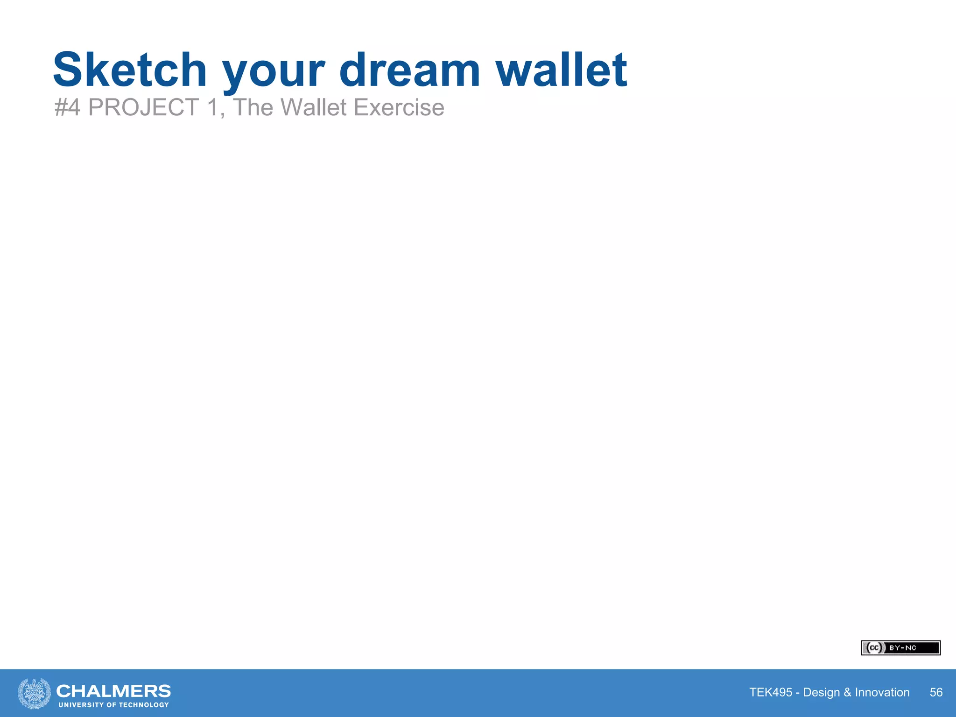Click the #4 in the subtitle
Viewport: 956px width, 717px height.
(x=68, y=107)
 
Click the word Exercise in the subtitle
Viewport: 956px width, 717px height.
(x=399, y=107)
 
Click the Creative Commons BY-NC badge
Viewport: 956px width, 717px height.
(x=900, y=648)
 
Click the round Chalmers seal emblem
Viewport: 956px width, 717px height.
(x=34, y=693)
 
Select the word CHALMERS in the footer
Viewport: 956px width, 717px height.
(x=113, y=690)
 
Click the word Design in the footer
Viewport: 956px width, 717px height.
(x=822, y=692)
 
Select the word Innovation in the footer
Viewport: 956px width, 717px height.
(x=882, y=692)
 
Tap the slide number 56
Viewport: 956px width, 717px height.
(x=936, y=692)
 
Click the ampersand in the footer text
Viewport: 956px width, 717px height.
(x=847, y=692)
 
